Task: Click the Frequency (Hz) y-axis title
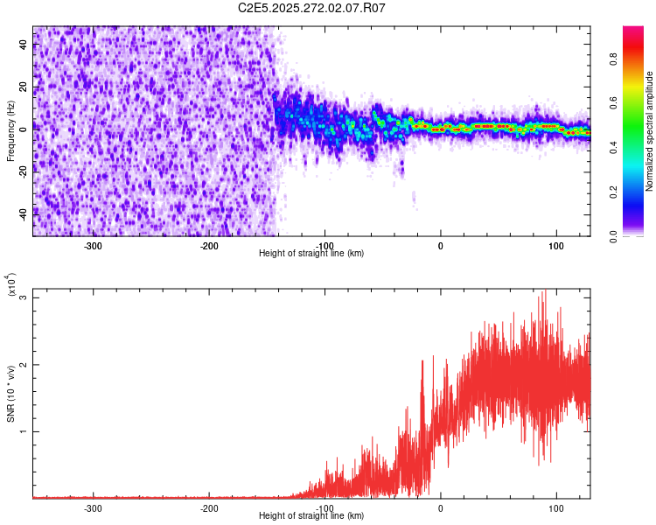(10, 131)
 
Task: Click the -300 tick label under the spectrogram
(93, 245)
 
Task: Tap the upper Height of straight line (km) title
(311, 253)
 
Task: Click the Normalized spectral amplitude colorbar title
(649, 131)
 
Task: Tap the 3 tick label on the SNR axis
(24, 297)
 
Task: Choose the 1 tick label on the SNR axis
(24, 431)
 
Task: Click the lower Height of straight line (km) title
(311, 515)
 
